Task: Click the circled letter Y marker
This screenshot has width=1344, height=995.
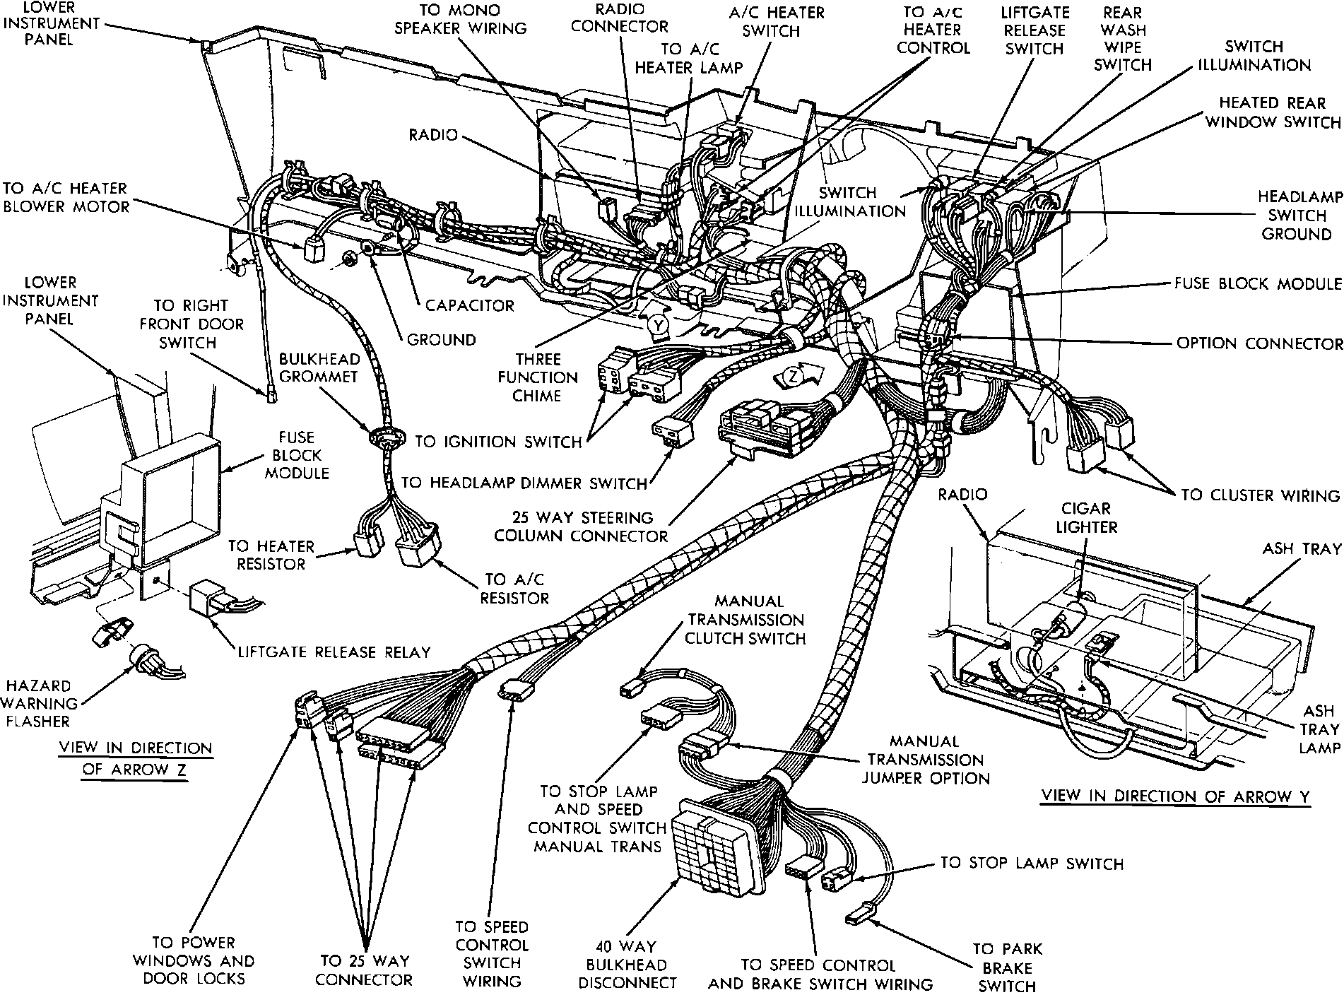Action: tap(659, 325)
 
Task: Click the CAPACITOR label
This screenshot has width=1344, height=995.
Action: tap(469, 306)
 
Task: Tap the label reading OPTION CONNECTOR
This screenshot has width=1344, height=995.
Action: tap(1259, 343)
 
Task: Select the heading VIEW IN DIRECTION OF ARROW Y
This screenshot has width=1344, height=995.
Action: tap(1176, 796)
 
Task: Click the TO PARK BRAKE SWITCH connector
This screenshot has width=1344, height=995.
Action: tap(857, 918)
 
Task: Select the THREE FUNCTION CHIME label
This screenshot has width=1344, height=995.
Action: tap(537, 377)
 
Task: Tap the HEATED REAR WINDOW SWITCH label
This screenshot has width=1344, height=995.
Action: tap(1273, 112)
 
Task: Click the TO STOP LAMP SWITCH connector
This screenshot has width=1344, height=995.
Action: tap(838, 880)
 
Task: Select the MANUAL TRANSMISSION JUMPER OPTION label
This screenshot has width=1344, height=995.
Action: tap(929, 760)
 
